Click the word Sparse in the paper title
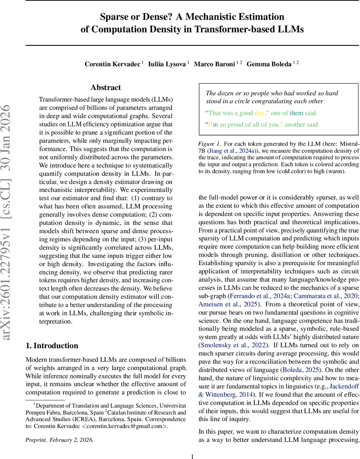coord(114,17)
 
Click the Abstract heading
coord(106,88)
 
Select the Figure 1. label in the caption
coord(209,144)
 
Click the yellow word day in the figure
coord(259,113)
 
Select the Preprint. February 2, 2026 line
coord(59,439)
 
